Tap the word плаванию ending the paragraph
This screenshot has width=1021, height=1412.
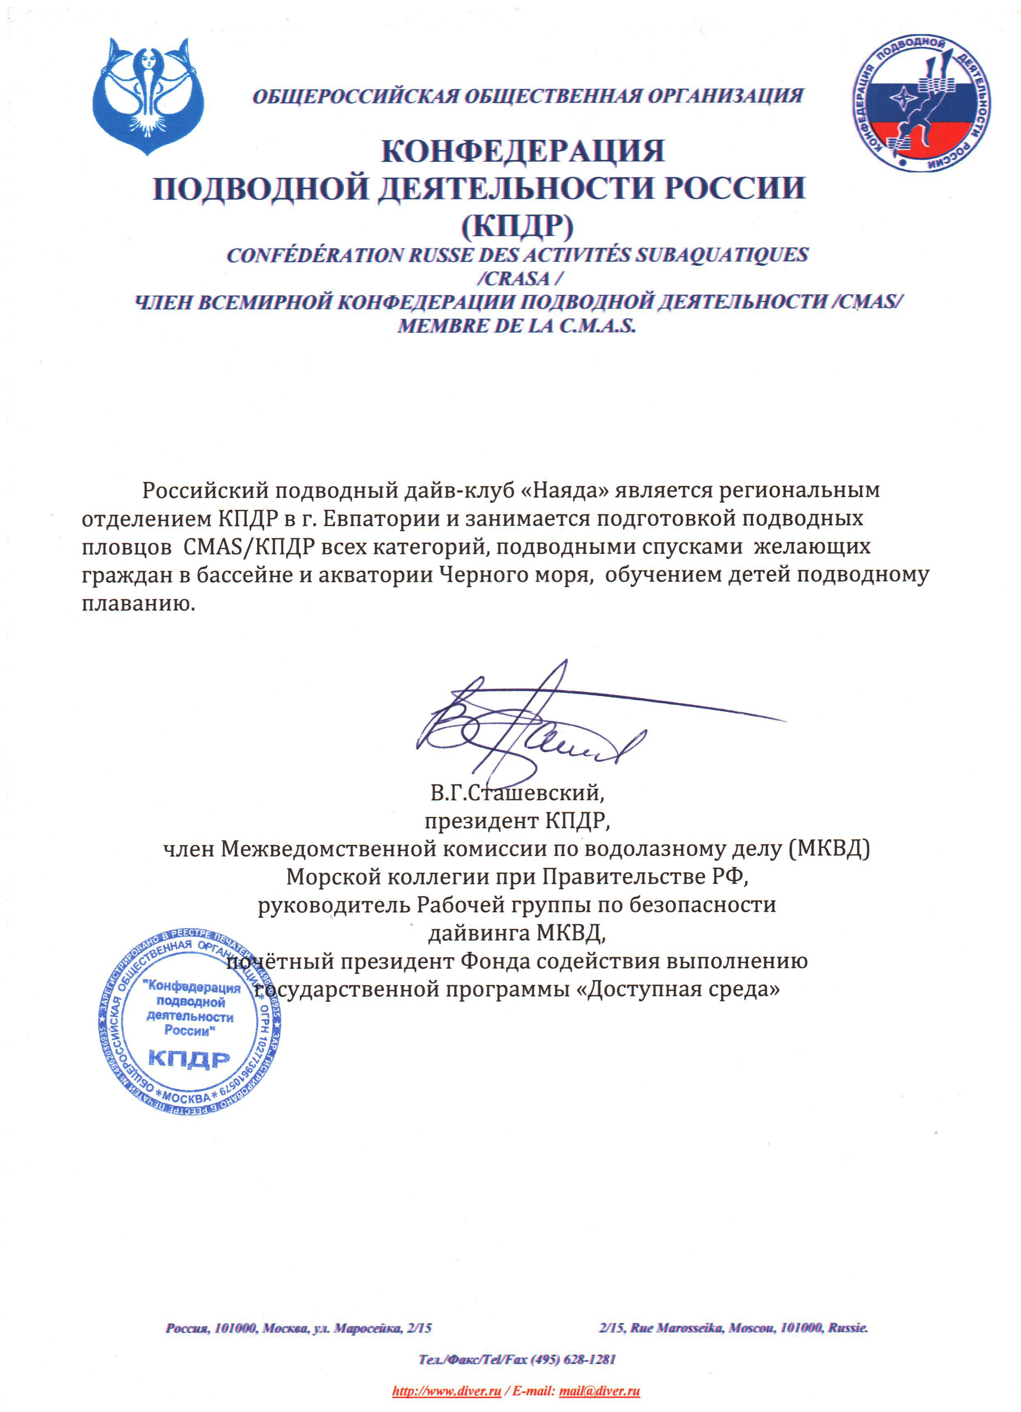[138, 603]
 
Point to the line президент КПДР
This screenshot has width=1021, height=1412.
[517, 821]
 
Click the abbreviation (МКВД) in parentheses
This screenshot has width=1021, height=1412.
[829, 849]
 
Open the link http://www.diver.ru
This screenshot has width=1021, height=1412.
[446, 1391]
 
